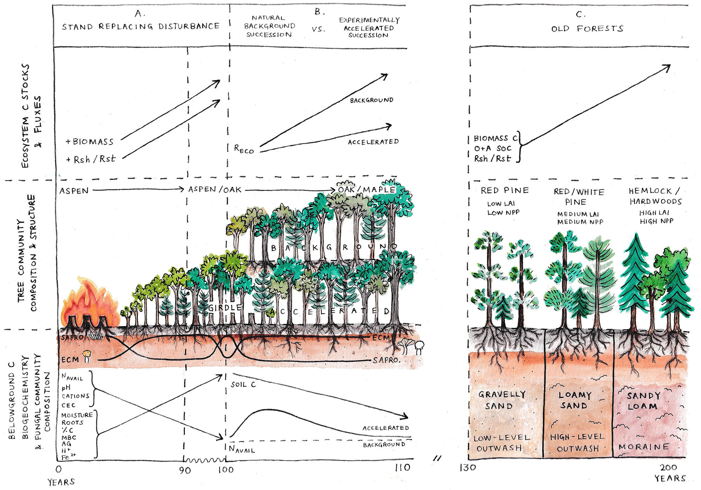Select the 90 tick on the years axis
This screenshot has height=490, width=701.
pyautogui.click(x=185, y=470)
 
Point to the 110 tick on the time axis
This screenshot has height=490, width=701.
pyautogui.click(x=402, y=468)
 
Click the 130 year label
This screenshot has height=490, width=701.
pyautogui.click(x=468, y=468)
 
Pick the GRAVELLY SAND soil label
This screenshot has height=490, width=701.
pyautogui.click(x=501, y=400)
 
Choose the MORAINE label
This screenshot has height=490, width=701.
pyautogui.click(x=644, y=447)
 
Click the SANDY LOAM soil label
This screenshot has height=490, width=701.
pyautogui.click(x=643, y=401)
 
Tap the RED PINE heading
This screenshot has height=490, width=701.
pyautogui.click(x=504, y=190)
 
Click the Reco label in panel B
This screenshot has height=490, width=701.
pyautogui.click(x=244, y=149)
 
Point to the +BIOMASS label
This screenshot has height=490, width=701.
pyautogui.click(x=90, y=142)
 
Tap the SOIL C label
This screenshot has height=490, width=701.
pyautogui.click(x=243, y=384)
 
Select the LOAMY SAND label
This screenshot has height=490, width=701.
pyautogui.click(x=574, y=400)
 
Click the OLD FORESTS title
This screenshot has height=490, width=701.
pyautogui.click(x=587, y=28)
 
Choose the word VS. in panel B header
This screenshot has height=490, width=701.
pyautogui.click(x=318, y=29)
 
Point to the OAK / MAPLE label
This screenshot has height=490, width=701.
pyautogui.click(x=366, y=190)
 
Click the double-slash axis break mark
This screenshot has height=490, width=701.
pyautogui.click(x=437, y=458)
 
